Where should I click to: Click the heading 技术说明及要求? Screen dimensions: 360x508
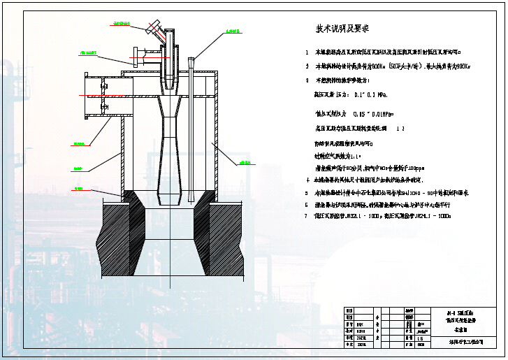click(342, 29)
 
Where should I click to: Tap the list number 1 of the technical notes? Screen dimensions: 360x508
click(306, 52)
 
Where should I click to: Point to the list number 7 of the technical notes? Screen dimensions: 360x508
click(306, 217)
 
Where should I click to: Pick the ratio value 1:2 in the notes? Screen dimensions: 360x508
click(400, 129)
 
